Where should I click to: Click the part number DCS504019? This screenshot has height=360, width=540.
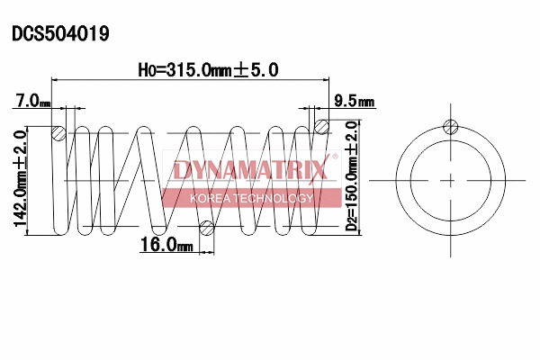pos(60,34)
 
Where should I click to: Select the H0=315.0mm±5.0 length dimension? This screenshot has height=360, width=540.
pos(207,69)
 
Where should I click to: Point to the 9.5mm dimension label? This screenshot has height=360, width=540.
pos(353,102)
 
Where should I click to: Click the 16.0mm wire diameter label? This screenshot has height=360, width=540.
pos(166,244)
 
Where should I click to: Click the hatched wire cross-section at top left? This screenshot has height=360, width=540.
pos(58,132)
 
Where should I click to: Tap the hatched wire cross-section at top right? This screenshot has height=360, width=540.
pos(320,126)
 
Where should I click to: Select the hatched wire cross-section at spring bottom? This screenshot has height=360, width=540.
pos(206,227)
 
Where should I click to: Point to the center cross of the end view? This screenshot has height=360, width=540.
pos(450,179)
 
